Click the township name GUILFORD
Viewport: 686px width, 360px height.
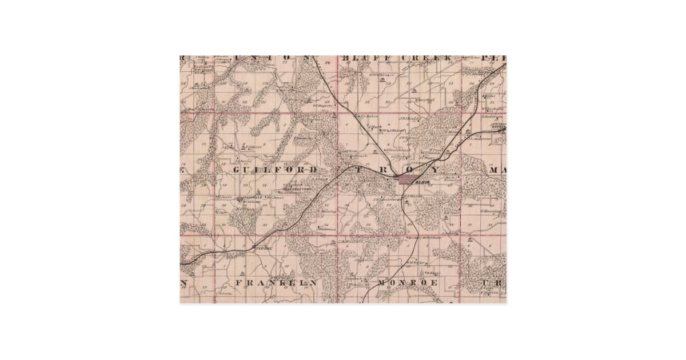point(275,170)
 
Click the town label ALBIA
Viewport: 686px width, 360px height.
point(423,182)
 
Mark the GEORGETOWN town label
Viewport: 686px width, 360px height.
point(298,188)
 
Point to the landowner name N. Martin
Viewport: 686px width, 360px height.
point(490,293)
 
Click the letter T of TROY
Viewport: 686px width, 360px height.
point(358,170)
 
